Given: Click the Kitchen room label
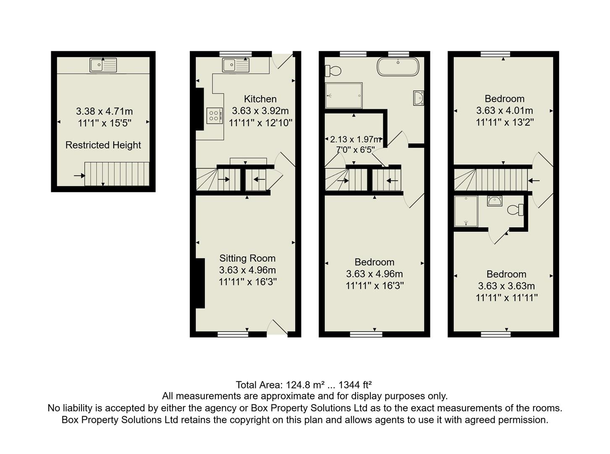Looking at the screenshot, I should coord(260,99).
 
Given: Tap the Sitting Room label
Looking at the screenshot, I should coord(247,259).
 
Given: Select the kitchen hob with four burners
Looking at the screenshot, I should coord(214,115).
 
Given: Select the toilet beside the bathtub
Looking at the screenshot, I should coord(333,71).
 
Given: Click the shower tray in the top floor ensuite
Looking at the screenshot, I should coord(466,211).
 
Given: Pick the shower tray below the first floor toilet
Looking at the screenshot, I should coord(343,95).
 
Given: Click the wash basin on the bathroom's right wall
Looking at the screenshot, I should coord(418,98).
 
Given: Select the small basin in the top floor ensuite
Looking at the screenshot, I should coord(495,201).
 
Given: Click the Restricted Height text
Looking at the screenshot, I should coord(103,145).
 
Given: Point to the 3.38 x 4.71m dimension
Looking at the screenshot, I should coord(104,111).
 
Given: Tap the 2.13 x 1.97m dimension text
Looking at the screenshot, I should coord(355,139).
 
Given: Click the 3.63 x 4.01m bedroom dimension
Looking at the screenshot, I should coord(504,111).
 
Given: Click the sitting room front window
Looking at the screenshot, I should coord(233,334).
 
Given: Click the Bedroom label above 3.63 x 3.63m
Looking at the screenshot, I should coord(506,275).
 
